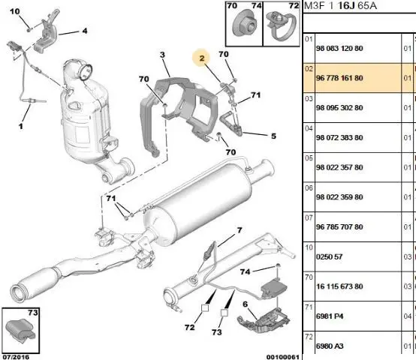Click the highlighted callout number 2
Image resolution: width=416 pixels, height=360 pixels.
[202, 58]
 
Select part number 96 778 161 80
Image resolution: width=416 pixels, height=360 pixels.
[339, 78]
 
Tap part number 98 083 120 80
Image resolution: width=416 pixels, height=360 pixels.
[339, 49]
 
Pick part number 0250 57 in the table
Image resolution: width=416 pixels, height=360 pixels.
[329, 256]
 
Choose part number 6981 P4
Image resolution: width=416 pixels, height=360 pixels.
[330, 316]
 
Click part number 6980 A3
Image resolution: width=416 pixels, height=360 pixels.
[330, 346]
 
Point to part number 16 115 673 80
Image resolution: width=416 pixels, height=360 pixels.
[339, 286]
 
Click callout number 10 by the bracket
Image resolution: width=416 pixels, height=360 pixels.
[15, 11]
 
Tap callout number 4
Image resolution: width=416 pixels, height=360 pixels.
[85, 31]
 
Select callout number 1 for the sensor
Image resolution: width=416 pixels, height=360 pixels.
[21, 126]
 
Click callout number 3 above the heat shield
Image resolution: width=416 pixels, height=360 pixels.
[162, 55]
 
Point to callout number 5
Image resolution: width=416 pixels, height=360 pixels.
[273, 136]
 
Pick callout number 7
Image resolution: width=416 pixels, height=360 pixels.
[240, 230]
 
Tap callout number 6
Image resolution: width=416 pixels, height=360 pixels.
[245, 304]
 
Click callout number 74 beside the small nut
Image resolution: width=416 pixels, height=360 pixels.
[245, 271]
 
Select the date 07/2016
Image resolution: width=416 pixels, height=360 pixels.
[16, 357]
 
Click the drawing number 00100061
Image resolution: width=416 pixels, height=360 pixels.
[283, 357]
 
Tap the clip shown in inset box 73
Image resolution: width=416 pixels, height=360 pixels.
[20, 330]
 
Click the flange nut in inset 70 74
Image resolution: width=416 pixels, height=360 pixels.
[244, 24]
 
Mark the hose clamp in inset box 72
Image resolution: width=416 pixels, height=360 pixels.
[282, 26]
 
